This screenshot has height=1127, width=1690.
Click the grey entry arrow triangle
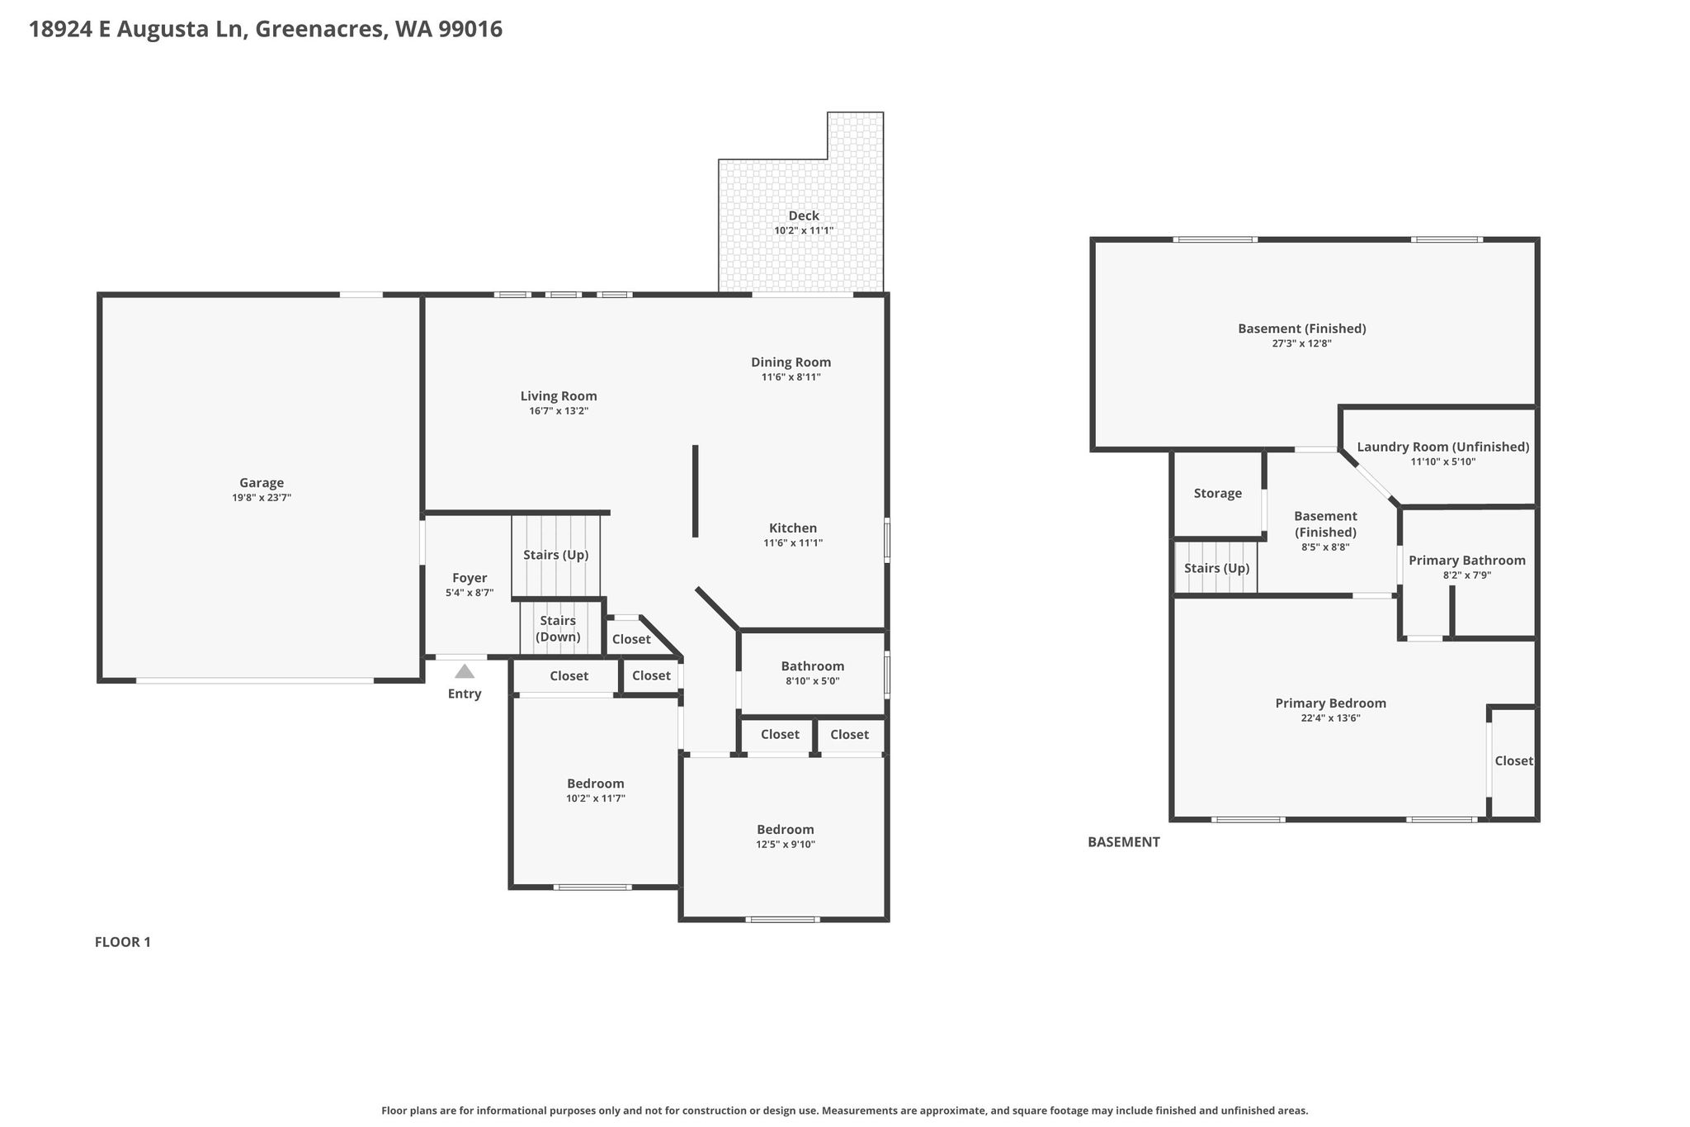(465, 671)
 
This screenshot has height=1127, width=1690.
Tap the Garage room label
(262, 483)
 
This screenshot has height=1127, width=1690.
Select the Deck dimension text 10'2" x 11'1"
(804, 230)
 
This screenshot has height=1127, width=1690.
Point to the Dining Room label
(791, 362)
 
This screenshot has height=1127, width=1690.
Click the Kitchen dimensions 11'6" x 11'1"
(793, 542)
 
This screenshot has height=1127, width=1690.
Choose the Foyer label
(470, 578)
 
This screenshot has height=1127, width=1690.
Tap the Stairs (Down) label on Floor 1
(558, 628)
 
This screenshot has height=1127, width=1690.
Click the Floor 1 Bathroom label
(813, 665)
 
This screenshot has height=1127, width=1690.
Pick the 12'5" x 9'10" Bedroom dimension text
(786, 844)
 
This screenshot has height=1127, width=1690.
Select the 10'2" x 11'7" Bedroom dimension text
(595, 798)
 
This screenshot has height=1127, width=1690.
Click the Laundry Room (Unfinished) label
(1443, 447)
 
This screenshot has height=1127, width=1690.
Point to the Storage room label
(1218, 493)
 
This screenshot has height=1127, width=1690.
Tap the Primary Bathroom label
(1467, 560)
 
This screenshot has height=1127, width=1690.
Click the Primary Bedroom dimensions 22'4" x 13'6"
(1330, 718)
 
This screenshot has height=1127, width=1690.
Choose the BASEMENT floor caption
(1124, 842)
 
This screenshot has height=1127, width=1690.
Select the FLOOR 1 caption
(123, 942)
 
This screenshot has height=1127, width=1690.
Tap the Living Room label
(559, 395)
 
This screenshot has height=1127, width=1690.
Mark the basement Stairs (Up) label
(1217, 568)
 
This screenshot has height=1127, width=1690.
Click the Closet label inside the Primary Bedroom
(1514, 760)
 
